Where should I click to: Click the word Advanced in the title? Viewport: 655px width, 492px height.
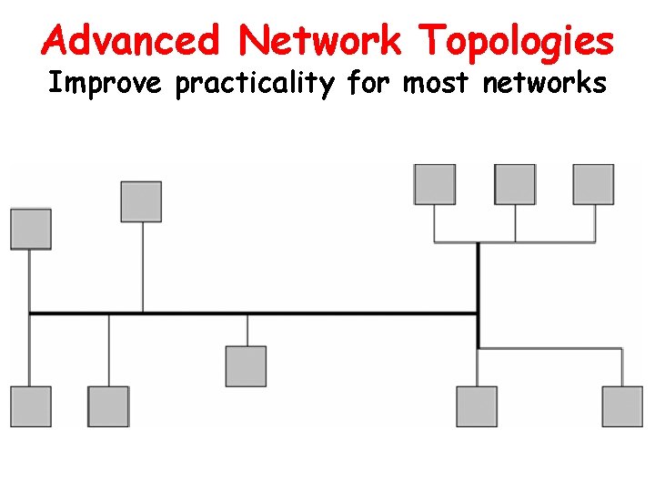pos(131,41)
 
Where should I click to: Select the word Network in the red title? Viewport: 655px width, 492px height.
pos(320,41)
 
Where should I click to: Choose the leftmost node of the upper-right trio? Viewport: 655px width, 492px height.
pos(435,184)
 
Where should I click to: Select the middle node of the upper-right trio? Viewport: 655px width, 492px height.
pos(515,184)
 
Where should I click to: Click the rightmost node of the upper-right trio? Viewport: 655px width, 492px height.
pos(593,184)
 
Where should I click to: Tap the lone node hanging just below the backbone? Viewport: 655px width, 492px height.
pos(246,365)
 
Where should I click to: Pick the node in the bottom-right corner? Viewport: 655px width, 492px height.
pos(622,406)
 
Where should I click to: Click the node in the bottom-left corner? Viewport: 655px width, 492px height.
pos(31,406)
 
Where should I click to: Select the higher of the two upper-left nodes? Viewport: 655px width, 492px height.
pos(141,201)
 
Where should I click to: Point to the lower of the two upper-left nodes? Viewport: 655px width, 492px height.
pos(31,229)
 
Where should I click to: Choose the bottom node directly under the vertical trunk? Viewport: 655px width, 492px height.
pos(477,406)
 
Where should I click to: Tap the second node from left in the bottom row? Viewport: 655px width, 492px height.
pos(108,406)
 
